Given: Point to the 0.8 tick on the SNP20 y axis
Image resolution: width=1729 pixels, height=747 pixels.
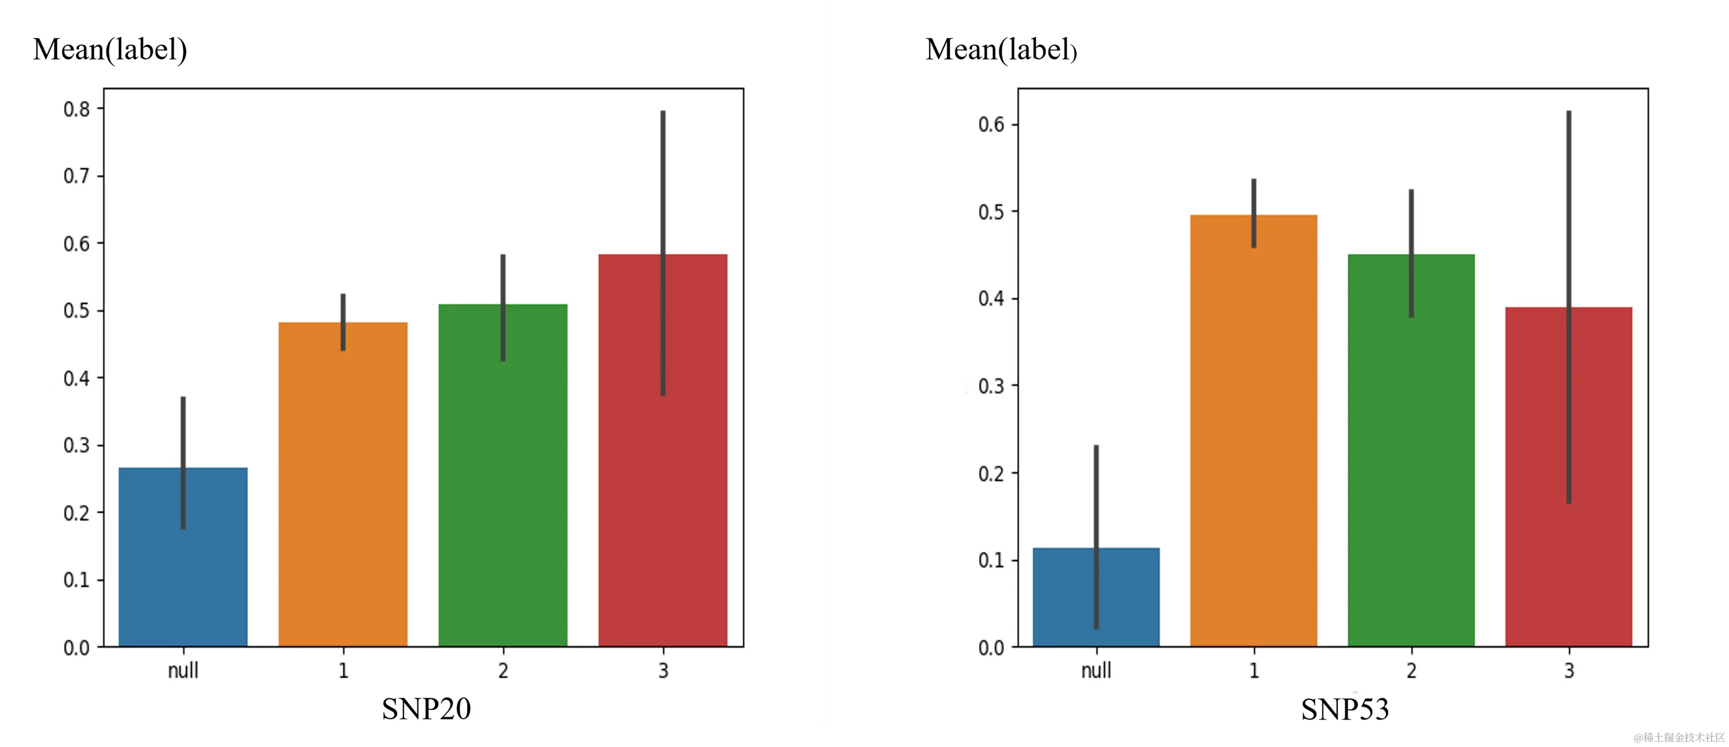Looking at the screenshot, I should pos(77,109).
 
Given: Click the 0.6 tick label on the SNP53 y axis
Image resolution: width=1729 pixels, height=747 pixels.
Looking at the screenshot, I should pos(991,125).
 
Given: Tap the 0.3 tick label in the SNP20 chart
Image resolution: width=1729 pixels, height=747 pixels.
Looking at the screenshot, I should pos(77,445).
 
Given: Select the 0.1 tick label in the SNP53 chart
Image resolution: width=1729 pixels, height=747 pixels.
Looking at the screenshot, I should pos(991,561).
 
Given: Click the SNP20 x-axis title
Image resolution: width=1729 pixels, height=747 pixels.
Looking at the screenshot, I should pos(426,709).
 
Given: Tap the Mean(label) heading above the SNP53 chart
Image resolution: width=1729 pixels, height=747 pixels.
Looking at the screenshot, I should pos(1001,49).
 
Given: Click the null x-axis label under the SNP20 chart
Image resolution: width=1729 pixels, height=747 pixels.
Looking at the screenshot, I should pos(182,670).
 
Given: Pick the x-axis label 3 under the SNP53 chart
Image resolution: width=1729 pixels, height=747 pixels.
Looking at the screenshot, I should pos(1568,670).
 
